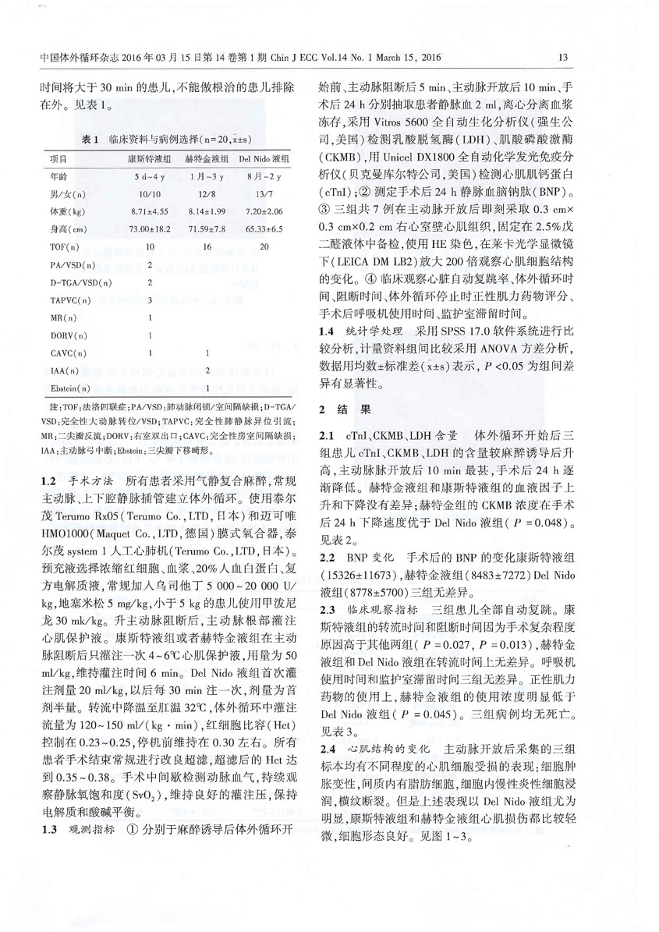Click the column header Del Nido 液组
tap(266, 158)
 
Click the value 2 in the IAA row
tap(205, 370)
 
